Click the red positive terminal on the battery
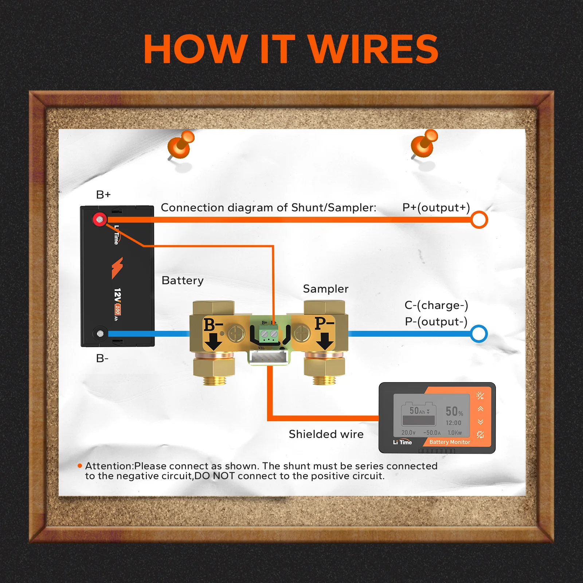click(99, 219)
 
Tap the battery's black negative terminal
click(100, 333)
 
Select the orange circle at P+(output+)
click(479, 220)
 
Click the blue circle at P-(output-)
click(479, 334)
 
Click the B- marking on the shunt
click(213, 324)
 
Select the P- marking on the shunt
click(324, 323)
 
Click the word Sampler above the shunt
click(325, 289)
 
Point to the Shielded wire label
click(326, 434)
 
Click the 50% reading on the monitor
click(454, 412)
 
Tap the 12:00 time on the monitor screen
click(453, 423)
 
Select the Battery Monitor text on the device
click(450, 442)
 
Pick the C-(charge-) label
click(436, 305)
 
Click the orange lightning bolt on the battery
click(117, 267)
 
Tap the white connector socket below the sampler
click(269, 358)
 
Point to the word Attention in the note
click(109, 466)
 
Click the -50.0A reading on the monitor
click(432, 433)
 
